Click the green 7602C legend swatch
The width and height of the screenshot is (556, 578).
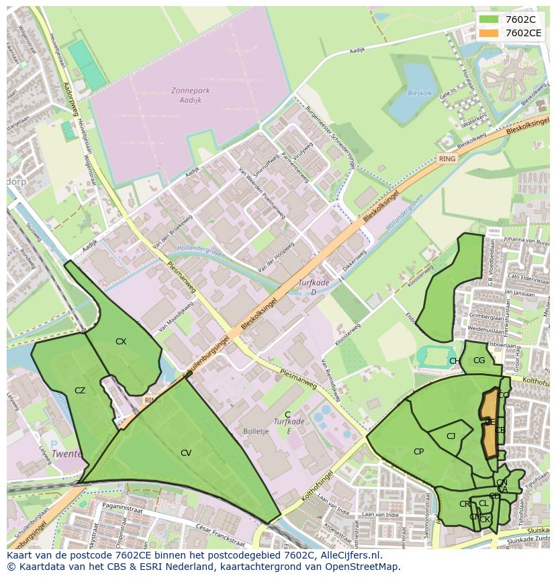(x=489, y=19)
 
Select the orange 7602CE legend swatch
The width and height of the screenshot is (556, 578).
(x=489, y=33)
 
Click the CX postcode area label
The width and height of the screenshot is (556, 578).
(x=121, y=342)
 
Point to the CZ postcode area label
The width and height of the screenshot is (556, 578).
(x=80, y=391)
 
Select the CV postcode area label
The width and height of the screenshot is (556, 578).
(x=186, y=453)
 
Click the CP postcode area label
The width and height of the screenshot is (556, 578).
(x=418, y=452)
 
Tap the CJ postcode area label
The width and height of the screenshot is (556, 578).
(x=451, y=436)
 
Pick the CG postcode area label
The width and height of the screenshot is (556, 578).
(x=479, y=360)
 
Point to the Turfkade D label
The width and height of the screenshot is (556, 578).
(x=314, y=287)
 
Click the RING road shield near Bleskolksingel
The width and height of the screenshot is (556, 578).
(x=447, y=159)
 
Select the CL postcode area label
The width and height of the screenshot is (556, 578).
(x=483, y=503)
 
